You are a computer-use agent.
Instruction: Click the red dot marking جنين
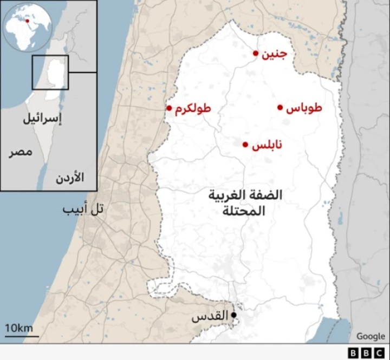[256, 53]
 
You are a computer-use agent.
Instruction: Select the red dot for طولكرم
[169, 108]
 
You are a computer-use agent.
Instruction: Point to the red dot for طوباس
[280, 107]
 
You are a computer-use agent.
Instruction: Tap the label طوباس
[304, 108]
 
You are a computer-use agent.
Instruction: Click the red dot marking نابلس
[245, 145]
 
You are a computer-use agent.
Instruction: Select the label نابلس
[266, 145]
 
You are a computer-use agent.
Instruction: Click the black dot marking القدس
[234, 315]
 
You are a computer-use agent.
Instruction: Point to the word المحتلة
[244, 211]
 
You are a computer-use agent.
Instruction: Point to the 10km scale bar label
[19, 328]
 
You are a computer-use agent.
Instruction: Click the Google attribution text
[370, 336]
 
